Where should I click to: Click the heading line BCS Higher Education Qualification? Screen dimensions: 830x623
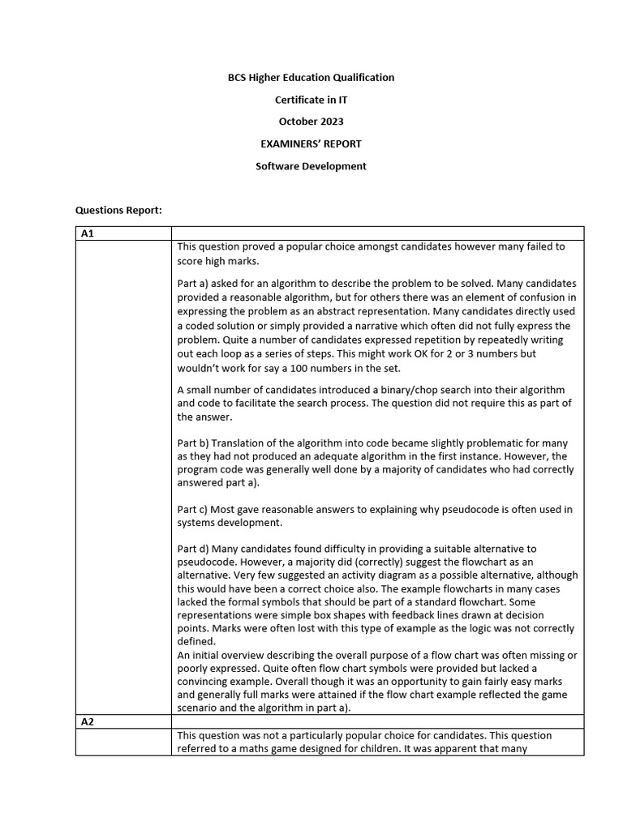pos(311,78)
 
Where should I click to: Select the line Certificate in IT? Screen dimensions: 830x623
pos(311,100)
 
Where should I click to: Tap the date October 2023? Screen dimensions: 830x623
pos(311,122)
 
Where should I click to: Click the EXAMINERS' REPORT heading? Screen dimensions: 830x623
pos(311,144)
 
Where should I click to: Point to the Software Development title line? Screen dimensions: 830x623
pos(311,166)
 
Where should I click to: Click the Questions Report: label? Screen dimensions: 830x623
pos(118,210)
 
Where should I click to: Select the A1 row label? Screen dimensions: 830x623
pos(88,233)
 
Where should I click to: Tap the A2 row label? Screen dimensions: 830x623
pos(88,721)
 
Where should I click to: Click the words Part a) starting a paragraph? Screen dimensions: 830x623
pos(193,284)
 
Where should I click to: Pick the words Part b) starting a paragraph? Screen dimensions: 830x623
pos(193,443)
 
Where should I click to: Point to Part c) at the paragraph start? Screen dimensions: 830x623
pos(193,509)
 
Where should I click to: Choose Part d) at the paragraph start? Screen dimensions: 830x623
pos(193,549)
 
